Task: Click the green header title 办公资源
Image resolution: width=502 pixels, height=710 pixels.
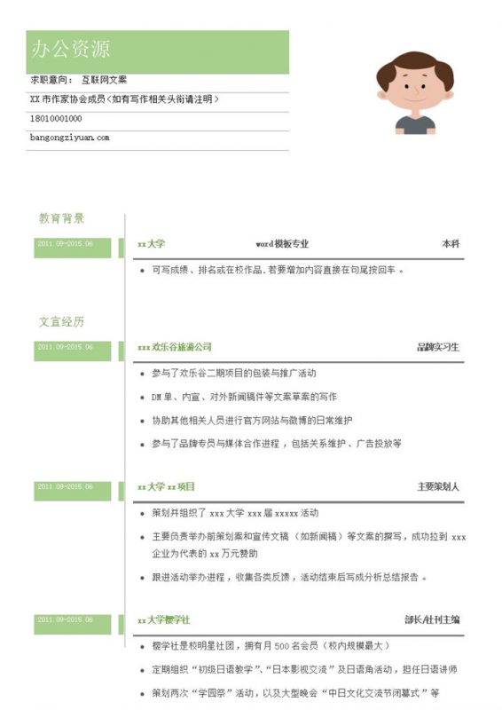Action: (72, 50)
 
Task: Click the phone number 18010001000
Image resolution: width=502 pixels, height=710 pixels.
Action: (56, 118)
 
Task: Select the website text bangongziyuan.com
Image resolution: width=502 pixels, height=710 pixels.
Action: (69, 138)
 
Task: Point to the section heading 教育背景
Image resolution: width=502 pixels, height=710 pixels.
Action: (61, 218)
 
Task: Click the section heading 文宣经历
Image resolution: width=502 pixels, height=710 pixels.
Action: (61, 321)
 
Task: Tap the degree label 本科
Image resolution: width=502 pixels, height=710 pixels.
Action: (450, 244)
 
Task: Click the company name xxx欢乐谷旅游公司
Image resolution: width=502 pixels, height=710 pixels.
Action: (175, 347)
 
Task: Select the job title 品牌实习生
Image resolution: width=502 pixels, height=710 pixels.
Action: (437, 347)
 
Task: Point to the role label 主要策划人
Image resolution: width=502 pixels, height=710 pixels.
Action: (438, 487)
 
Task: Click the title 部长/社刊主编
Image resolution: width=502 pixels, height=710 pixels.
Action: (432, 619)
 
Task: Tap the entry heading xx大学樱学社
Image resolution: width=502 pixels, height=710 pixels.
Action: (164, 619)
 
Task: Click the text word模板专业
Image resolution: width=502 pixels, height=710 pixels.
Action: (282, 244)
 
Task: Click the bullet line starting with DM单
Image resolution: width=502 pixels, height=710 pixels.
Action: (244, 397)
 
